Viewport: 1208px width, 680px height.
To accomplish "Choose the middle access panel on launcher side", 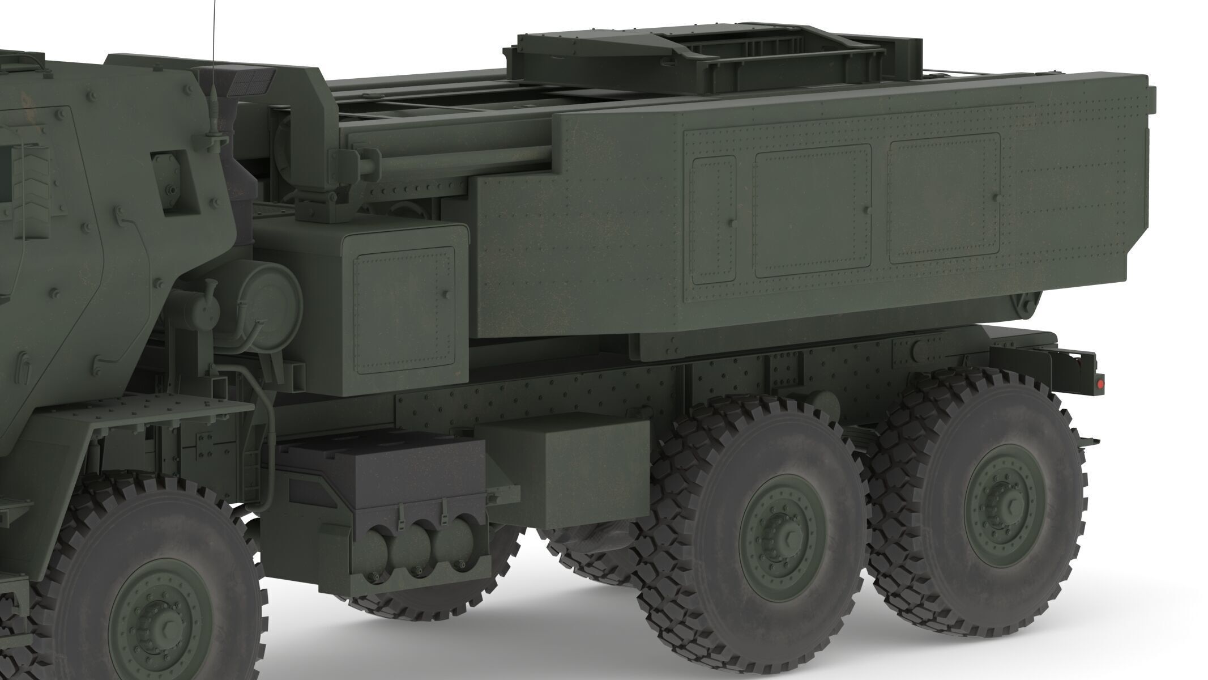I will click(812, 210).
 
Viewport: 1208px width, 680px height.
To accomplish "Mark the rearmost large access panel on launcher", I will click(944, 198).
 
